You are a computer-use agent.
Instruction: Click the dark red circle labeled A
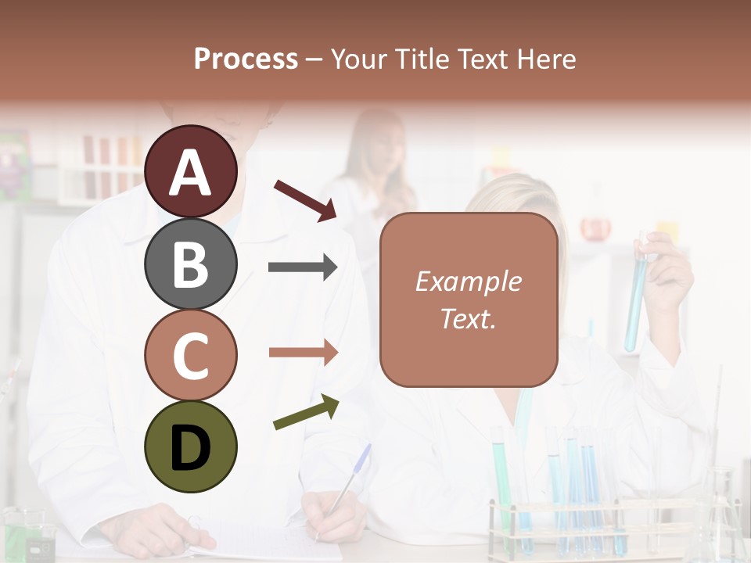pos(191,171)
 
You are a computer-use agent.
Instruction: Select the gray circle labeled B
pos(191,264)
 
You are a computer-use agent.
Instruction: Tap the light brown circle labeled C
pos(191,356)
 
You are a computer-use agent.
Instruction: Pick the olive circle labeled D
pos(191,446)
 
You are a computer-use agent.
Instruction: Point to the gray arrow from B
pos(303,267)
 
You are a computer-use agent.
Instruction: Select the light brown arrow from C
pos(303,353)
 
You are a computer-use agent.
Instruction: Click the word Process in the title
pos(246,59)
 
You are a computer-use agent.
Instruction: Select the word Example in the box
pos(469,281)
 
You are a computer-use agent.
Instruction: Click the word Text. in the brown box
pos(469,319)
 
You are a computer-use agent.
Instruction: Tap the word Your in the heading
pos(361,59)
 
